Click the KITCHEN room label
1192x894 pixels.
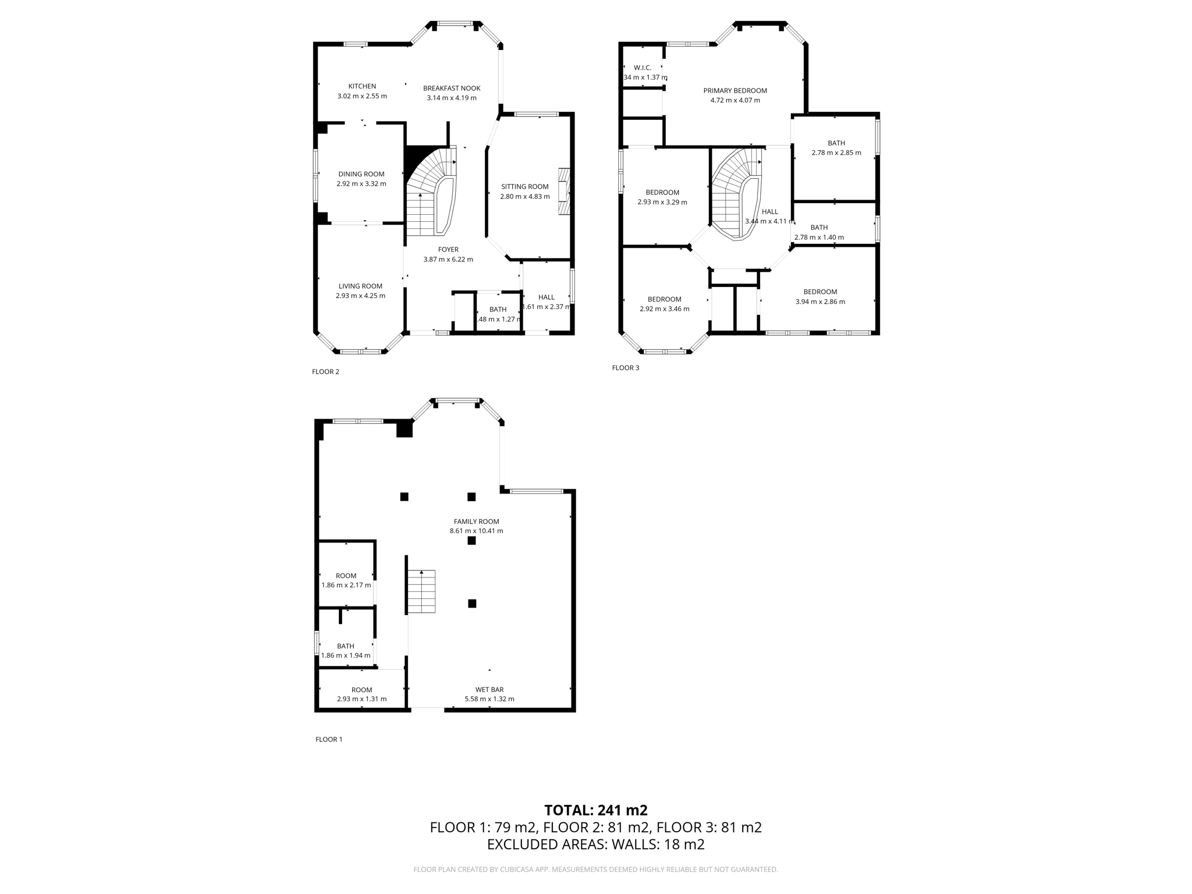[362, 86]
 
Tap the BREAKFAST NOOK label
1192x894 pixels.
[452, 88]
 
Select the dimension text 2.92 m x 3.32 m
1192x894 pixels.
[361, 184]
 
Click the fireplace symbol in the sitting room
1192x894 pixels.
[563, 192]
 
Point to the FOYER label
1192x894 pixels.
[448, 250]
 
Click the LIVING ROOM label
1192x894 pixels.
[360, 286]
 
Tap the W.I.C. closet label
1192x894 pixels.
[642, 68]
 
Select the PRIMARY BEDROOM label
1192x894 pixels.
[735, 91]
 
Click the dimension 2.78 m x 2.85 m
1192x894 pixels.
[836, 153]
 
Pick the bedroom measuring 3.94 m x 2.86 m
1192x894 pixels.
[820, 296]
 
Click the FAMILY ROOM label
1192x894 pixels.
[476, 521]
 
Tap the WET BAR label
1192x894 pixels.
[489, 690]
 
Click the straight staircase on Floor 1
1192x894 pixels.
[421, 591]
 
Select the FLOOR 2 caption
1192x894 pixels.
[325, 372]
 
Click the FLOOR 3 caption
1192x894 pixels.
[625, 368]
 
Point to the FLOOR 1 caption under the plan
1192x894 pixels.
[329, 739]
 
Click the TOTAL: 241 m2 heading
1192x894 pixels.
[595, 810]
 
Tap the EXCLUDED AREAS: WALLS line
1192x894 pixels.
[595, 845]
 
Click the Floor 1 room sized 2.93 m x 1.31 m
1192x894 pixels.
[361, 694]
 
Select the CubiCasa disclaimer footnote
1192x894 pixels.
[595, 870]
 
